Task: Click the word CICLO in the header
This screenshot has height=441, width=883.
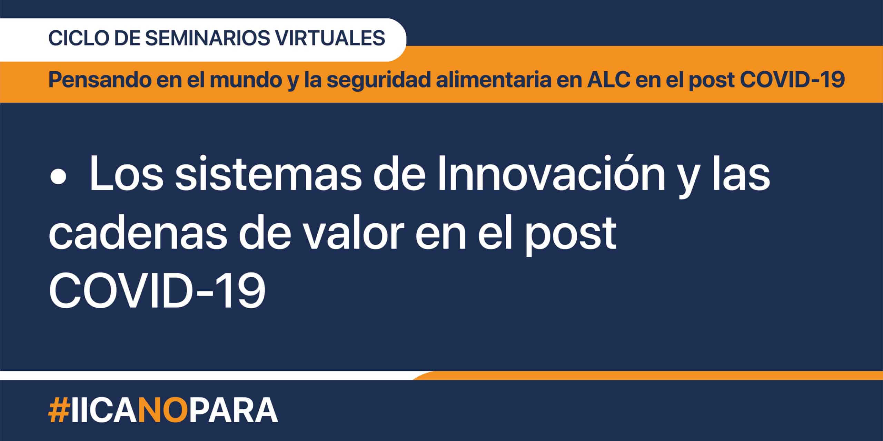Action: tap(78, 38)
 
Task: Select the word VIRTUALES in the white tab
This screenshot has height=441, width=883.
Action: tap(330, 38)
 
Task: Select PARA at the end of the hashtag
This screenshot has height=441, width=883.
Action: tap(234, 411)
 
